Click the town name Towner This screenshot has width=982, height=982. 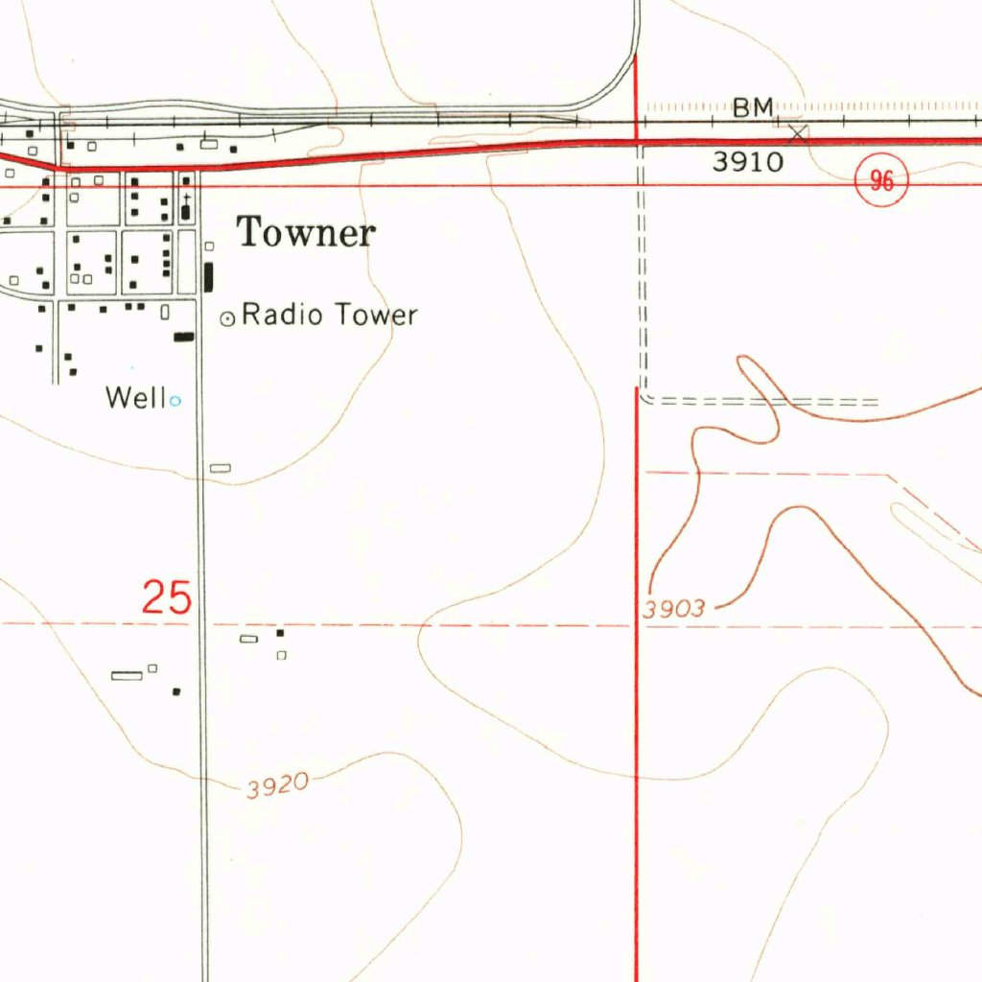click(306, 233)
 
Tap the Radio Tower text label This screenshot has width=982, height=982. click(329, 315)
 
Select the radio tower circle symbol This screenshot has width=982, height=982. click(227, 318)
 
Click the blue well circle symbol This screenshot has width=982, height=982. click(175, 401)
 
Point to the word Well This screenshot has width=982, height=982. click(136, 397)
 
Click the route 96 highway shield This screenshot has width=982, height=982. click(881, 181)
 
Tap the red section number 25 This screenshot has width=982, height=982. click(167, 597)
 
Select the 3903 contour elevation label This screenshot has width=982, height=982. click(675, 608)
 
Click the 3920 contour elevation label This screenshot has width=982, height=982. click(277, 786)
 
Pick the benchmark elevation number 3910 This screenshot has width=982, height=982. click(747, 162)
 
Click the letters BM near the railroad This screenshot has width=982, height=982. click(753, 108)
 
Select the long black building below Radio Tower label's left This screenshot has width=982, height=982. click(183, 337)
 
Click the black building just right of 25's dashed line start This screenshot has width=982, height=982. click(280, 633)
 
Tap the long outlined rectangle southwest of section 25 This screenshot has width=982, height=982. click(127, 675)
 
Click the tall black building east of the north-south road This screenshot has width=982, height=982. click(209, 277)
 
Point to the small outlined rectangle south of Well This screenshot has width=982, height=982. click(221, 468)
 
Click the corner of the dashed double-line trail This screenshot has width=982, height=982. click(644, 397)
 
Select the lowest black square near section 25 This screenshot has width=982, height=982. click(176, 691)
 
